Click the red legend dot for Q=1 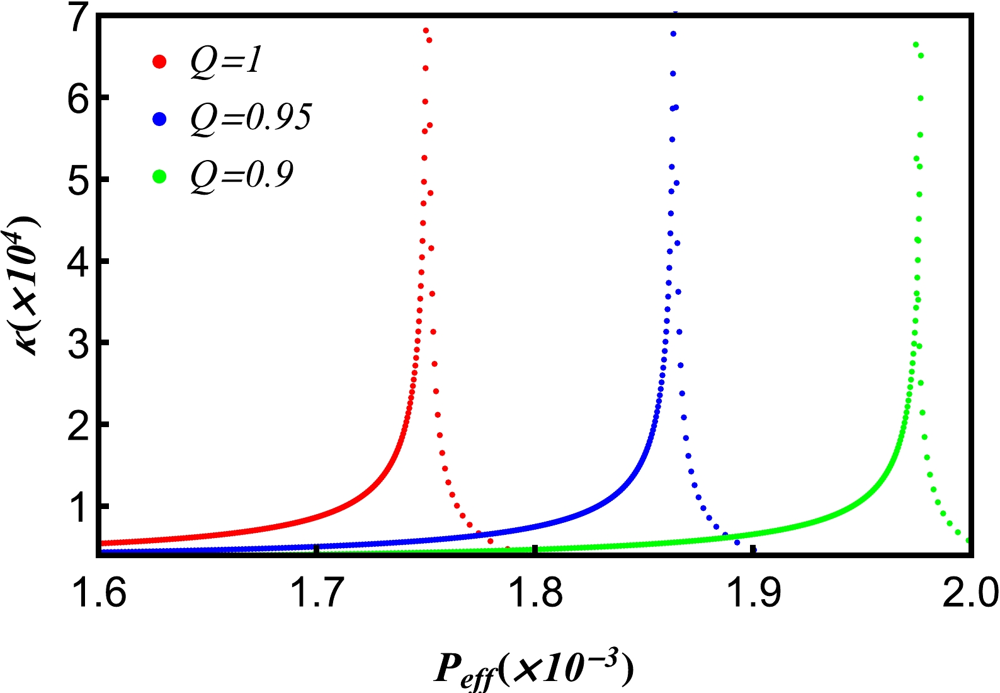(x=159, y=62)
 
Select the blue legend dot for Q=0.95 (x=159, y=118)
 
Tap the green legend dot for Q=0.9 (x=159, y=176)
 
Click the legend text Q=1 (x=226, y=62)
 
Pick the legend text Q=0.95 (x=251, y=117)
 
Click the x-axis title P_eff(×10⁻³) (x=533, y=669)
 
